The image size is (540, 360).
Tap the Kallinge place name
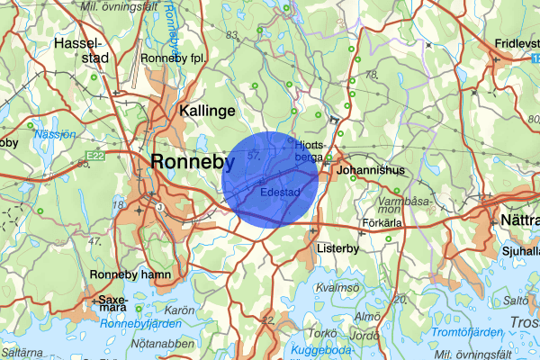click(x=207, y=111)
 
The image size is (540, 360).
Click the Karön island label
click(x=181, y=310)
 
